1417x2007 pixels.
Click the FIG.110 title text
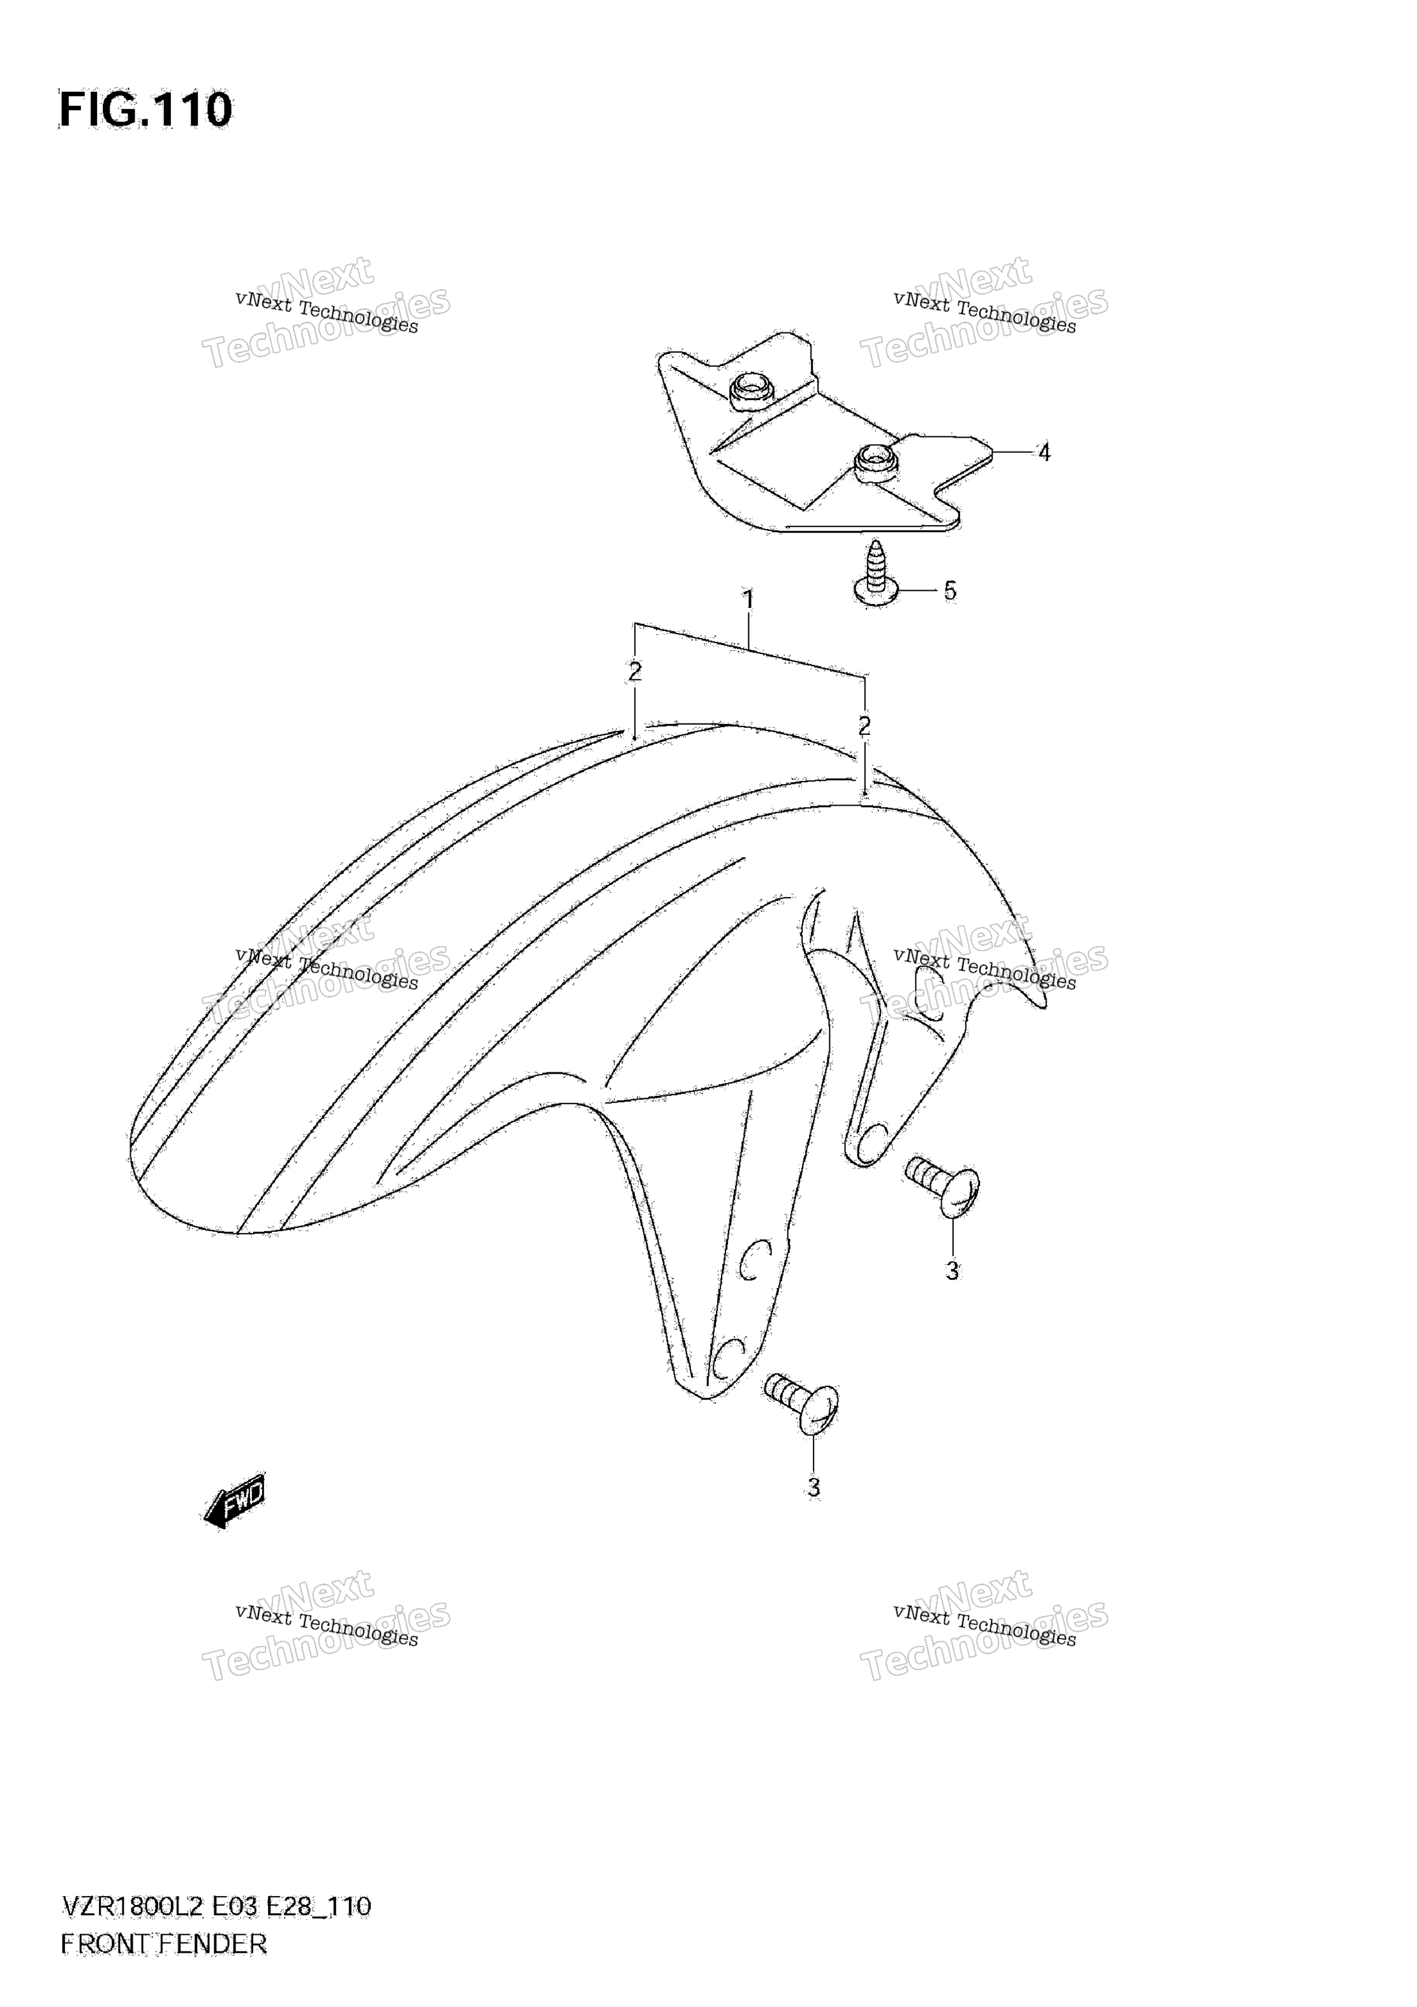pyautogui.click(x=145, y=110)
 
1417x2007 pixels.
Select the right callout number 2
pyautogui.click(x=864, y=725)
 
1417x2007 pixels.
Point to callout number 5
pyautogui.click(x=949, y=591)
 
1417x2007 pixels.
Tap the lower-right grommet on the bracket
pyautogui.click(x=876, y=461)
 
